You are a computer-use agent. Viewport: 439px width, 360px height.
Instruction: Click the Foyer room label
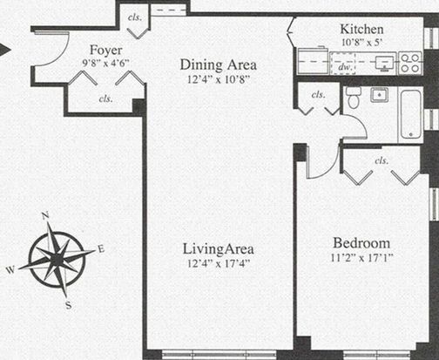pos(106,51)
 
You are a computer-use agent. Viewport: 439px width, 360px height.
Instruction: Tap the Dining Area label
pos(219,65)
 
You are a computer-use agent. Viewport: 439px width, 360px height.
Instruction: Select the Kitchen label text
pos(361,29)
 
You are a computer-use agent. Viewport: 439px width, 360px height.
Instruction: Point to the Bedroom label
pos(361,243)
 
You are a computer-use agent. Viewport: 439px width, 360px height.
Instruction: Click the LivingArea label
pos(219,249)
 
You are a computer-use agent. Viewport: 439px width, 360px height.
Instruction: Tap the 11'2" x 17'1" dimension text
pos(361,258)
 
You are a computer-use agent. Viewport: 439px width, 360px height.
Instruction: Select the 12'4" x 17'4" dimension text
pos(219,264)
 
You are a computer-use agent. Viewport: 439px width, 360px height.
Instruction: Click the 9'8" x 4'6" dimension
pos(105,63)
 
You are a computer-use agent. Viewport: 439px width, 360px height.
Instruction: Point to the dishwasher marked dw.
pos(343,63)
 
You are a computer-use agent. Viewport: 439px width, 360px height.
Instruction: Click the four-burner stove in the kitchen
pos(411,63)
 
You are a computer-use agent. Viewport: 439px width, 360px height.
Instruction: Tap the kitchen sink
pos(384,63)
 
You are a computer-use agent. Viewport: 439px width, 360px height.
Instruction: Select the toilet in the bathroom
pos(354,97)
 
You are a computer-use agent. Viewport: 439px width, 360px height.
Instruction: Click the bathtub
pos(411,114)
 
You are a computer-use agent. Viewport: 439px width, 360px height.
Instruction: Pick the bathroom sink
pos(380,95)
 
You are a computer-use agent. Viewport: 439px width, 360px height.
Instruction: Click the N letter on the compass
pos(44,215)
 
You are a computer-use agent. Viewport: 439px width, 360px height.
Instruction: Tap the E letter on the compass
pos(100,249)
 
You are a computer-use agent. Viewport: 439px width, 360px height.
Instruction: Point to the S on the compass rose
pos(69,305)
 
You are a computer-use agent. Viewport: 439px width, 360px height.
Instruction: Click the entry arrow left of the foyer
pos(5,50)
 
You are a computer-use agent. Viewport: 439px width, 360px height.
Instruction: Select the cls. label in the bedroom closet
pos(382,160)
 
